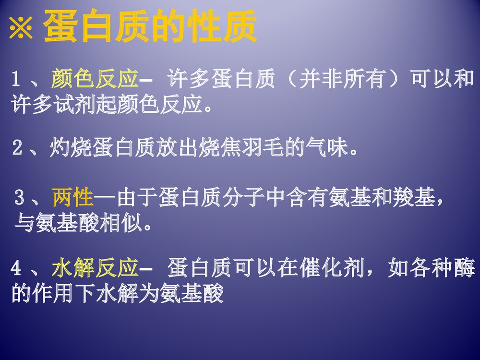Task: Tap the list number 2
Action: [x=17, y=149]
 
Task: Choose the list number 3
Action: [x=20, y=197]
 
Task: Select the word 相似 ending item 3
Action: [x=121, y=223]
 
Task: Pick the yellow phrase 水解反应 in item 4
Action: [x=95, y=268]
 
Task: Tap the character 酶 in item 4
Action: [x=463, y=268]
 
